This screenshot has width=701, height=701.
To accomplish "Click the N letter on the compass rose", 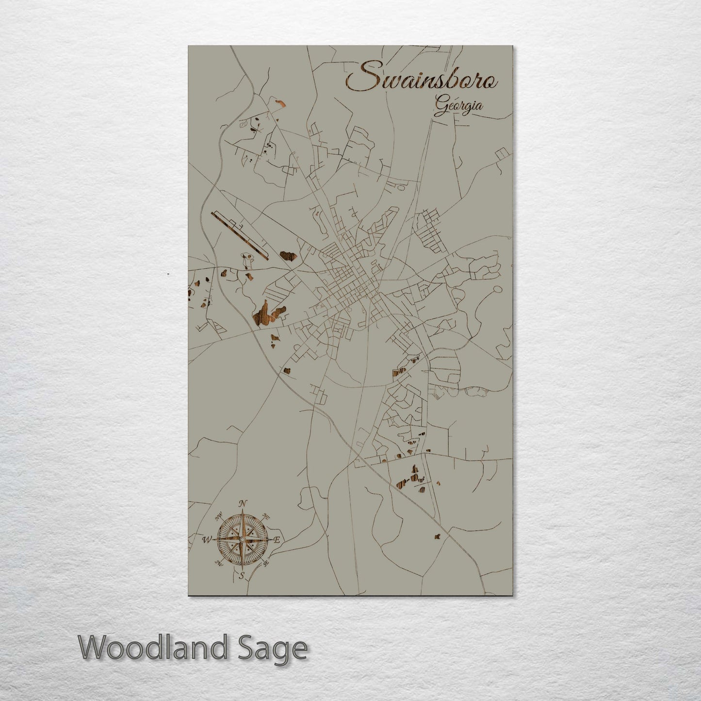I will [x=244, y=503].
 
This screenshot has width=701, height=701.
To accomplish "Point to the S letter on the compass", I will [x=241, y=576].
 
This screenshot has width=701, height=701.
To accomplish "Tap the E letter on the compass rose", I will [x=277, y=539].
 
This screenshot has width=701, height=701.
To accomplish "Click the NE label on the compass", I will [x=265, y=515].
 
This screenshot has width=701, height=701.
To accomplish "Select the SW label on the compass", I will [x=219, y=563].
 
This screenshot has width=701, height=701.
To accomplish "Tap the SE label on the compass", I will [x=265, y=563].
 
